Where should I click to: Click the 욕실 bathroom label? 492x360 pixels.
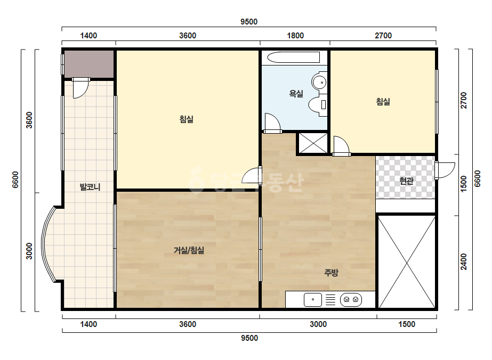point(296,93)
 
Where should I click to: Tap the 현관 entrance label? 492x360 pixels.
point(406,181)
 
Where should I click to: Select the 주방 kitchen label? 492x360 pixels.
point(332,273)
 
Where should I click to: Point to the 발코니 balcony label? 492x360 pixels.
point(90,187)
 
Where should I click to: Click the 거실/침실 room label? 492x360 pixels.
point(189,250)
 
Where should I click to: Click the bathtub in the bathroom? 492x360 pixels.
point(293,58)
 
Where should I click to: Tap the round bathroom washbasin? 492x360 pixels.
point(320,82)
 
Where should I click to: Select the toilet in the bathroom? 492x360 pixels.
point(318,105)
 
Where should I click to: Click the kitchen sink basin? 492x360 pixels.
point(313,299)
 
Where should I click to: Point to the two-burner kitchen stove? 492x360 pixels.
point(351,299)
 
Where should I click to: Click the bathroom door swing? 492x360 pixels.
point(272,123)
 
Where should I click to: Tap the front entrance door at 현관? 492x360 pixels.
point(445,170)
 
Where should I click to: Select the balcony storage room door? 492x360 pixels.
point(80,88)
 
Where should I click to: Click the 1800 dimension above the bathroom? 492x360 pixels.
point(295,36)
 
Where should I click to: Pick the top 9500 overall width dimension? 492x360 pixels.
point(249,22)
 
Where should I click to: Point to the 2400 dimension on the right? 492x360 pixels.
point(464,261)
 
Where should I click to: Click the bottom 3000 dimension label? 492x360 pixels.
point(318,324)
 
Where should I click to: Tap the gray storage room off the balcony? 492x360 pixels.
point(89,64)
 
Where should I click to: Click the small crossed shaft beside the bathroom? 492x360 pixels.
point(313,143)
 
